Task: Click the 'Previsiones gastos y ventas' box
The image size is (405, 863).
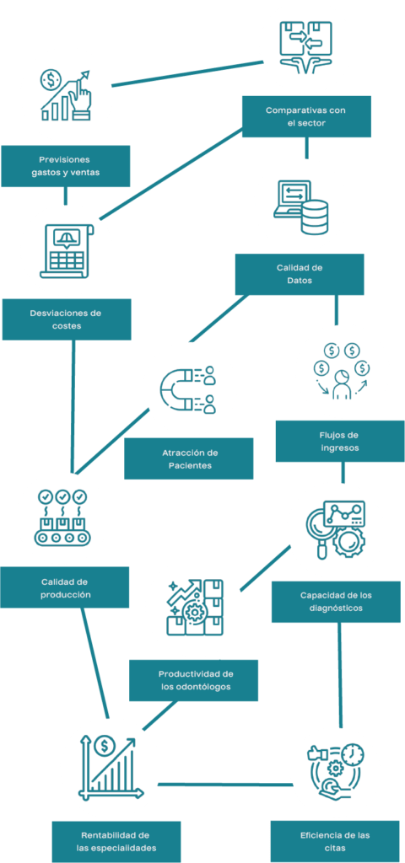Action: tap(66, 166)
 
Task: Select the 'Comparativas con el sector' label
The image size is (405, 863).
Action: tap(306, 116)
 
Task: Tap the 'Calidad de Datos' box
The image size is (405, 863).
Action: tap(300, 274)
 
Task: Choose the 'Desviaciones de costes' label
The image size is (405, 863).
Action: tap(67, 319)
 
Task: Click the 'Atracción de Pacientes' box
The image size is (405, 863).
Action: tap(189, 459)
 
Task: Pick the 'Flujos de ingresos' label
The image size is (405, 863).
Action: tap(340, 442)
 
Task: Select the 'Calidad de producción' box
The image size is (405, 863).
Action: tap(64, 587)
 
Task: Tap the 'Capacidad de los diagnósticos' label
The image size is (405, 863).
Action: tap(336, 602)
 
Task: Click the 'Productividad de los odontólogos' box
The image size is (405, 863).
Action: tap(193, 680)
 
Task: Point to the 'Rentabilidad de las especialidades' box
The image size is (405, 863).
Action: tap(116, 842)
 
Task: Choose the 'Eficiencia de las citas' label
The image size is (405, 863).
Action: tap(335, 841)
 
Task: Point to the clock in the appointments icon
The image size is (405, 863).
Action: tap(353, 754)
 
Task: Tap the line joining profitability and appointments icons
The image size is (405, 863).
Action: tap(225, 784)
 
